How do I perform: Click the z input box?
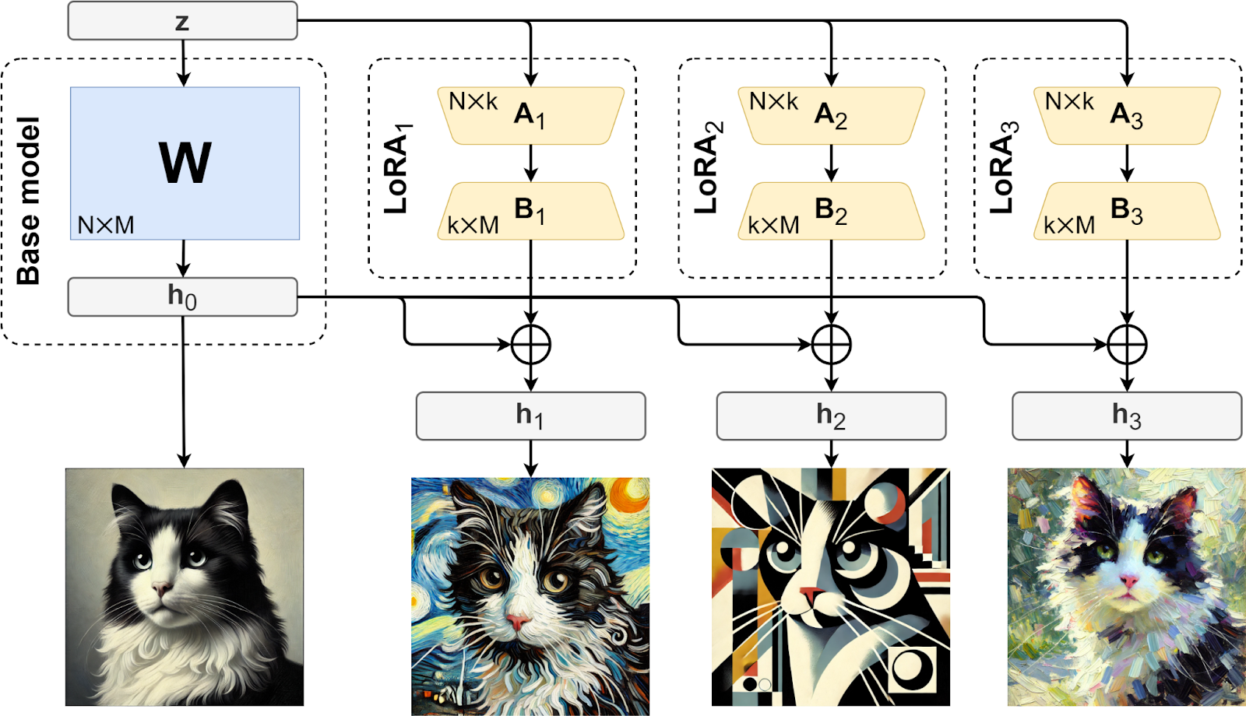click(182, 21)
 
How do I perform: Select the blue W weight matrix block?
click(185, 163)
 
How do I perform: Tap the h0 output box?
click(182, 297)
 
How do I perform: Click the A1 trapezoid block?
click(530, 116)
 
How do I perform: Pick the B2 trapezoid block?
click(831, 211)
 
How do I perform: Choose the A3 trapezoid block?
click(1127, 116)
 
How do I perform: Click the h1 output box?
click(530, 416)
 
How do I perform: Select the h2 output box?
click(831, 416)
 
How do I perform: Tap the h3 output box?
click(1127, 416)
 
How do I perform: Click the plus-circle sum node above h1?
click(531, 345)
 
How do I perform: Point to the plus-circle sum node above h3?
click(1127, 345)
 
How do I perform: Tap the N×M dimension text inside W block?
click(106, 225)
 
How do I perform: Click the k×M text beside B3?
click(1069, 225)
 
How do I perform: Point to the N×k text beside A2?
click(773, 101)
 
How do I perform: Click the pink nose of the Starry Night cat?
click(516, 621)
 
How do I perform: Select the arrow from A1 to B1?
click(531, 163)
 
